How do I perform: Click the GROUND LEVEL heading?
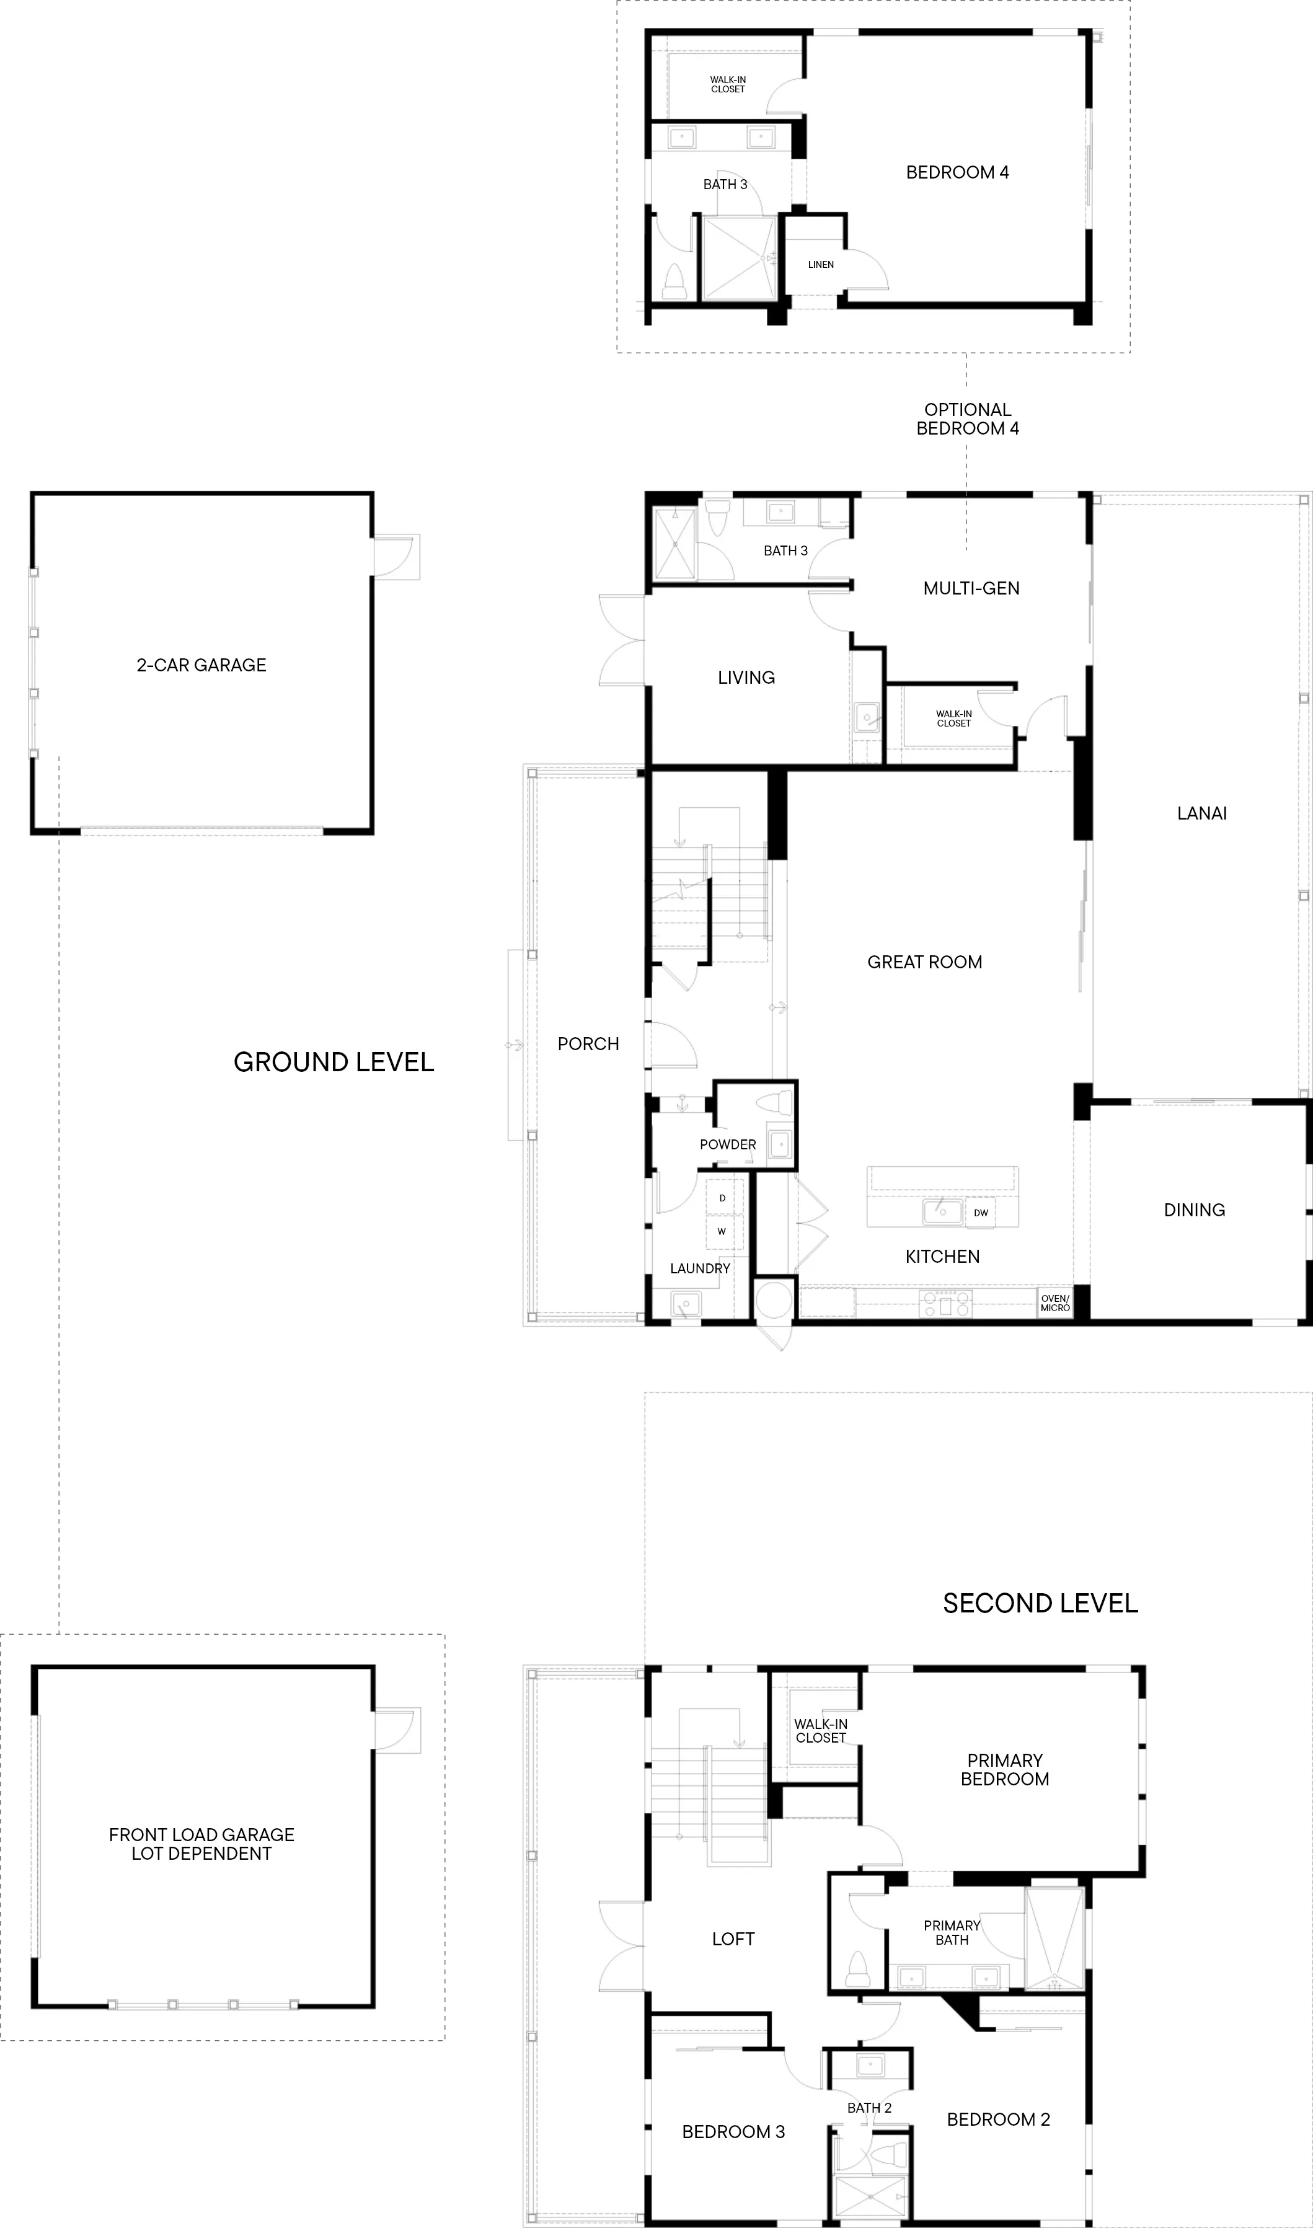334,1063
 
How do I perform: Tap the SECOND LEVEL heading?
1040,1604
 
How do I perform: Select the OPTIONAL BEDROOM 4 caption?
968,419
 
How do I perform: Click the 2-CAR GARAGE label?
201,665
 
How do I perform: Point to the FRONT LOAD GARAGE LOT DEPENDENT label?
201,1844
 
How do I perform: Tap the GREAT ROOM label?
924,962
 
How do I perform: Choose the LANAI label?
1201,814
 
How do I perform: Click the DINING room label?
1195,1210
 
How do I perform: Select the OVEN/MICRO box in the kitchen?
1054,1303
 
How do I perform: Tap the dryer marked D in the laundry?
723,1198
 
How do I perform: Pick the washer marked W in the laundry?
723,1231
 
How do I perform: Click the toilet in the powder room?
779,1104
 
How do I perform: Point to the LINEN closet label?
821,265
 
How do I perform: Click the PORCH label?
588,1045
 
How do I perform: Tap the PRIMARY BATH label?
952,1932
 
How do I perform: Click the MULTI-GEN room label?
971,588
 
